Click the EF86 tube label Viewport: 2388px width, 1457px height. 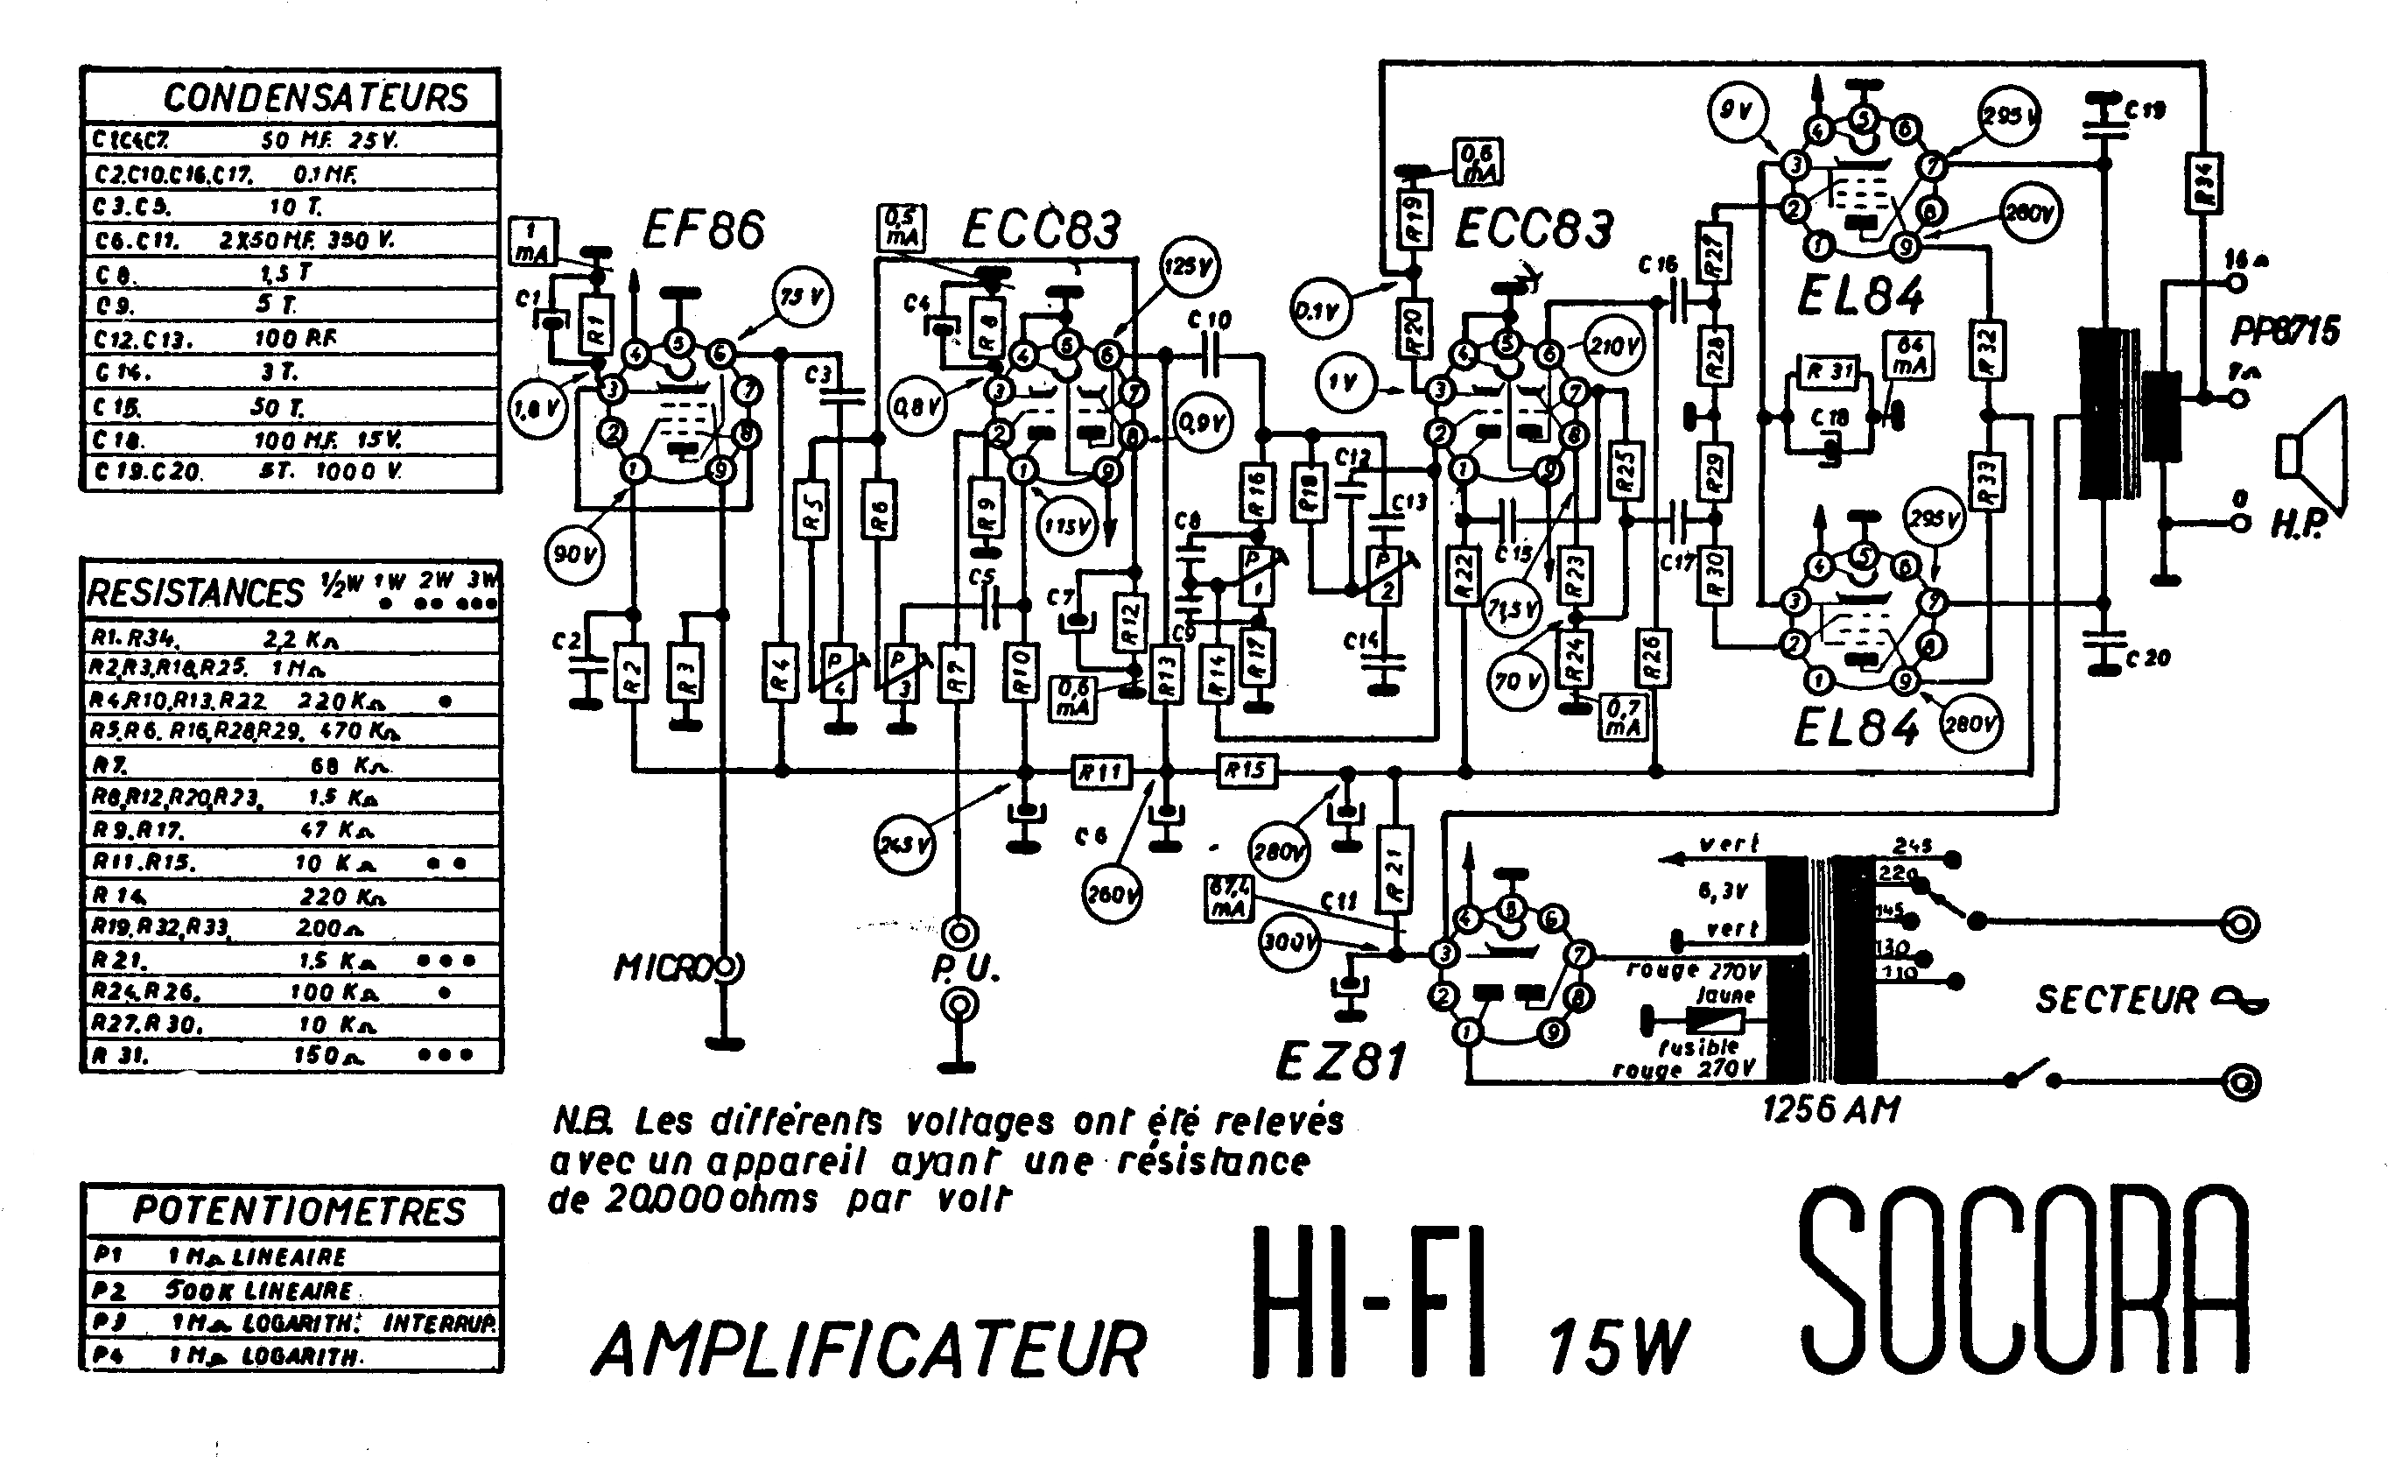coord(704,229)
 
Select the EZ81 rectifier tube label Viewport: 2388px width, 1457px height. coord(1340,1061)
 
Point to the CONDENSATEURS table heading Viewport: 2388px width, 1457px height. coord(315,98)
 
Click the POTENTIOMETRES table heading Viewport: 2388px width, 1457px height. coord(298,1211)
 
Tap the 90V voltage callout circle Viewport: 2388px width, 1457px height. coord(573,555)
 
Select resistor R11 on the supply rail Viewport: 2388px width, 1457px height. coord(1101,771)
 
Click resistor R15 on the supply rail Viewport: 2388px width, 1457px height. coord(1246,771)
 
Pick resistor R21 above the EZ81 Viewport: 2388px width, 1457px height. coord(1394,869)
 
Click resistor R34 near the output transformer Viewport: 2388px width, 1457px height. coord(2205,184)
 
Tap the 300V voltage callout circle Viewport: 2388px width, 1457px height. coord(1288,940)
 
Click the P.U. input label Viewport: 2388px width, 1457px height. coord(965,968)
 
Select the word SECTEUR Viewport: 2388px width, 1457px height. coord(2117,999)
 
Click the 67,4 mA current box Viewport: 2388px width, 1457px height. coord(1227,897)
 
